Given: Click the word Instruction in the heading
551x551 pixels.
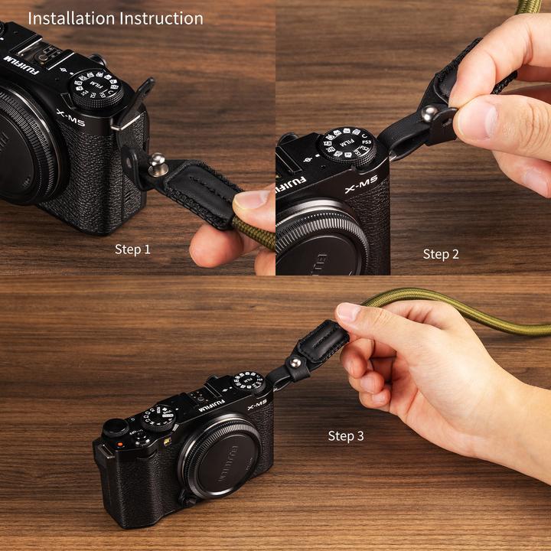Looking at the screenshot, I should (162, 18).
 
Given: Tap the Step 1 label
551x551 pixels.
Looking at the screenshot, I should (132, 249).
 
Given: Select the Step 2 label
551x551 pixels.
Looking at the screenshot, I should (441, 253).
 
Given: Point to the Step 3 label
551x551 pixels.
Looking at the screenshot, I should (346, 435).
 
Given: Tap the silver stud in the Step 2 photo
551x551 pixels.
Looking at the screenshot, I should (430, 113).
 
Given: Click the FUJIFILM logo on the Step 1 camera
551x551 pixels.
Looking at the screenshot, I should (16, 59).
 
